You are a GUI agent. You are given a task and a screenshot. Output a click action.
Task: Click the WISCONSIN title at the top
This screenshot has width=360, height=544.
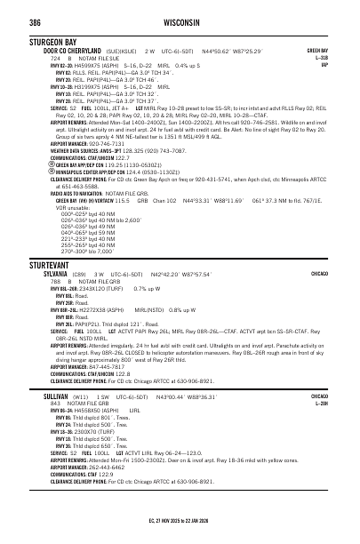[x=180, y=21]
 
